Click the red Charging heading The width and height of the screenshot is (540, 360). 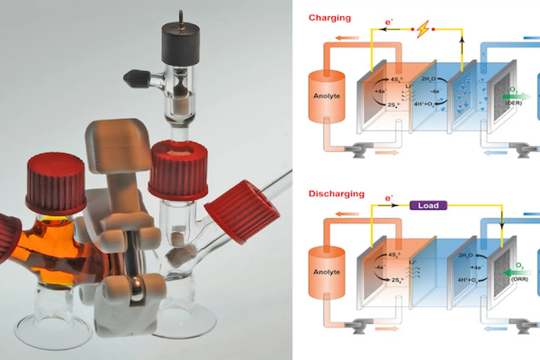click(x=329, y=18)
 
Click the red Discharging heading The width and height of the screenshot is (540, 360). click(x=336, y=194)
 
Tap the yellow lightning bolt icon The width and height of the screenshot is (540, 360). click(x=423, y=30)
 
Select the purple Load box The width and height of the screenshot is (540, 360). click(x=428, y=206)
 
